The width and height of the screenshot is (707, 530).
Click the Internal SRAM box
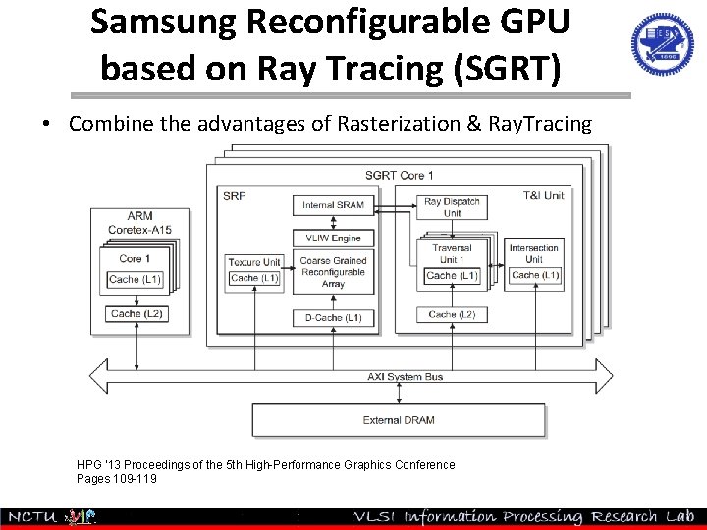point(333,205)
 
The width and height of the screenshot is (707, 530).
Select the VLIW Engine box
point(333,238)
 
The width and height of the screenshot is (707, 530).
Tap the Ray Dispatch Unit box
point(452,207)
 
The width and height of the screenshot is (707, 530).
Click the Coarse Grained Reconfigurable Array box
point(333,272)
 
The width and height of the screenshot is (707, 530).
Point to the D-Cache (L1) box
point(333,318)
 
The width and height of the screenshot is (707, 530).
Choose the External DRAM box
point(399,420)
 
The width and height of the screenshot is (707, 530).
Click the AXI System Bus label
point(405,376)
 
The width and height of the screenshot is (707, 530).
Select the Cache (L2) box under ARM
point(136,314)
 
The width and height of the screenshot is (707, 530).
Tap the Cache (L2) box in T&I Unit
point(452,314)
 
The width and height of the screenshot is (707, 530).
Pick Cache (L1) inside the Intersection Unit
point(534,275)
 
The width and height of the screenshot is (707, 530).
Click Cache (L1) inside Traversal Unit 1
point(452,276)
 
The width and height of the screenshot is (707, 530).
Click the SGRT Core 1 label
point(399,175)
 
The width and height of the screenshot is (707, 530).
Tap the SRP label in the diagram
point(235,195)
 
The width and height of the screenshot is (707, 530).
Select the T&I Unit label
point(543,195)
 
